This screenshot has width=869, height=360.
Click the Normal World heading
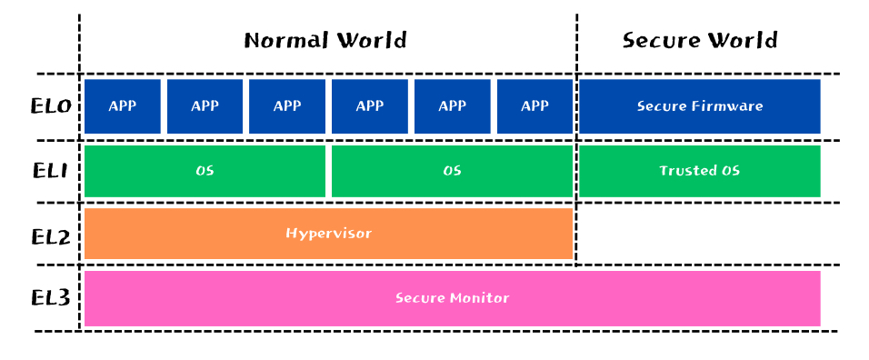[x=325, y=40]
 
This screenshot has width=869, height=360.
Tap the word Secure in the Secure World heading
[x=658, y=40]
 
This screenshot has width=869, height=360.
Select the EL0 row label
[x=51, y=105]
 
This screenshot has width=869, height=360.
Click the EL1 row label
[x=51, y=171]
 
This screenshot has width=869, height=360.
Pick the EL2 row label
[x=51, y=236]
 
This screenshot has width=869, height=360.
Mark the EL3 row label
[x=51, y=298]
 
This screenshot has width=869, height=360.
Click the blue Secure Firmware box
[x=699, y=106]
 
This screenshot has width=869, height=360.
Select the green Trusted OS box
[x=699, y=171]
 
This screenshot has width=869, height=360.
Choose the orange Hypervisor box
[x=328, y=233]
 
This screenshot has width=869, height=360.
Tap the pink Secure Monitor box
[x=452, y=298]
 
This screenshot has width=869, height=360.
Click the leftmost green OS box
[x=205, y=171]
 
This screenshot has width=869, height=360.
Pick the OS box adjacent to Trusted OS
[x=452, y=171]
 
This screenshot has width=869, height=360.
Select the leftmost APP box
[x=123, y=106]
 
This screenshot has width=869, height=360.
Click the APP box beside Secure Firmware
[x=534, y=106]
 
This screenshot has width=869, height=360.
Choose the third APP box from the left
[x=287, y=106]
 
